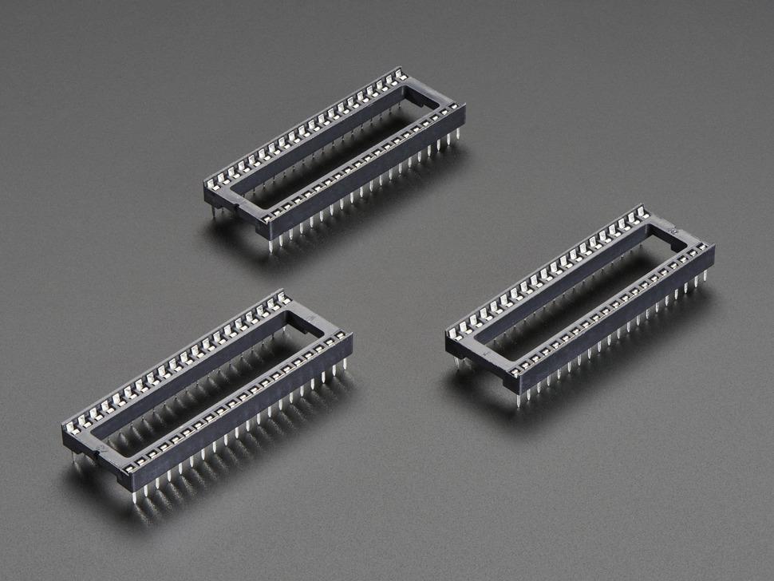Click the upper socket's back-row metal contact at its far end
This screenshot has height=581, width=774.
tap(401, 74)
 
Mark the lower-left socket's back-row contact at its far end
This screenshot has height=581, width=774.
tap(283, 298)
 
